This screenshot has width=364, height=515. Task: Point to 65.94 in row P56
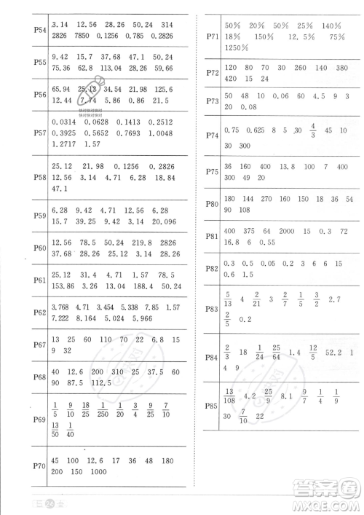pyautogui.click(x=65, y=89)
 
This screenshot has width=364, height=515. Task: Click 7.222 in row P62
pyautogui.click(x=66, y=318)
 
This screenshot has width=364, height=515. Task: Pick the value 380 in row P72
pyautogui.click(x=342, y=66)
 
